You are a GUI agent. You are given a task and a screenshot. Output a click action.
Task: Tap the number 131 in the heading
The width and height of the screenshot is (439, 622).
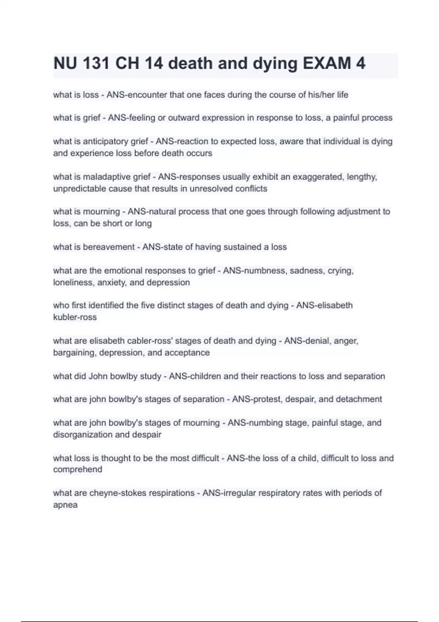coord(96,64)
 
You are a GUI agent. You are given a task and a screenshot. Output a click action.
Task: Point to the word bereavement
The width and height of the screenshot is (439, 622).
coord(109,247)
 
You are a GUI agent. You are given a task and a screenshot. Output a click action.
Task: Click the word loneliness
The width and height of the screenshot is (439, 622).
coord(73,283)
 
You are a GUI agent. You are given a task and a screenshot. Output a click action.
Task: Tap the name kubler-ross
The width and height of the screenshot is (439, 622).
coord(75,317)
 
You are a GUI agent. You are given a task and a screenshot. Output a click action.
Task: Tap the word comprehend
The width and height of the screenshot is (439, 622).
coord(78,469)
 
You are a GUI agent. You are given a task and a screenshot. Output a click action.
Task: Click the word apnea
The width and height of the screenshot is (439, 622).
coord(65,505)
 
